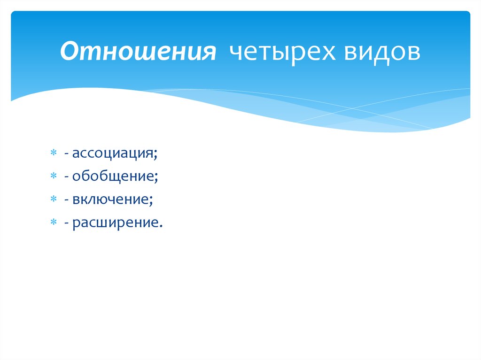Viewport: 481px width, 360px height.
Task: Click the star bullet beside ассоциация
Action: (54, 153)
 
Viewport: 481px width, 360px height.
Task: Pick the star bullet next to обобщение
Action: (54, 176)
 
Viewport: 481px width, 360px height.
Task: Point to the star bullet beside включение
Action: (54, 199)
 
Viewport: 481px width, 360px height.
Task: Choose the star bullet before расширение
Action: (54, 222)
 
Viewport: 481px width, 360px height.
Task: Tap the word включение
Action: (110, 199)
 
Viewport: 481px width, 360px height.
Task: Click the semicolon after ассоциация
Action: (155, 156)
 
